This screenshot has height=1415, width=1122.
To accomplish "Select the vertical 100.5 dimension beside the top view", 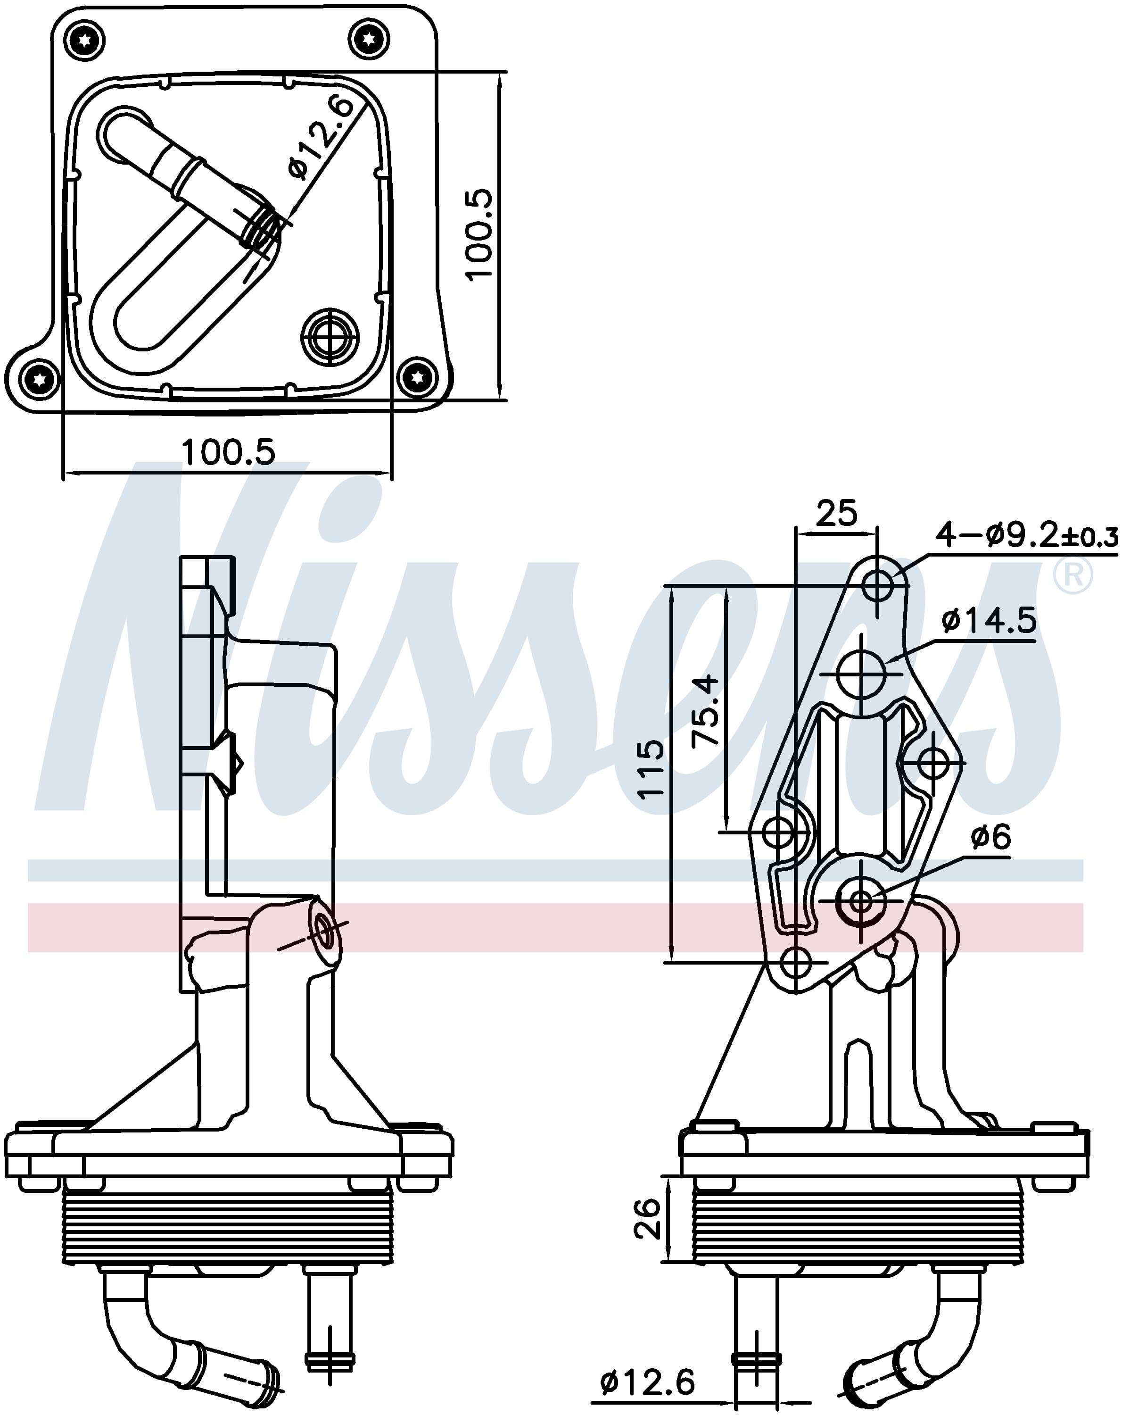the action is [479, 234].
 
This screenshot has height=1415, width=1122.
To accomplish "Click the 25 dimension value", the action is [837, 513].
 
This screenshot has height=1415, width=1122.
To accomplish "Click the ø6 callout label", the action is [991, 837].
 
